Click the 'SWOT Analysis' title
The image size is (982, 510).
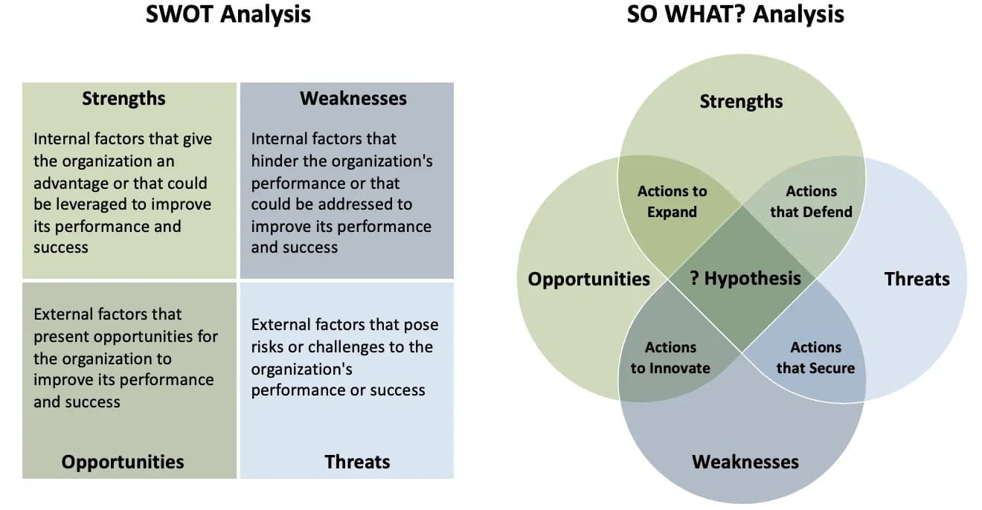click(228, 14)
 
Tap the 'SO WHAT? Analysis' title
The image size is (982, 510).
click(735, 14)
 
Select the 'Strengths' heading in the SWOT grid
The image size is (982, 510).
click(123, 99)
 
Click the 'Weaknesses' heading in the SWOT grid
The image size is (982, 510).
click(353, 99)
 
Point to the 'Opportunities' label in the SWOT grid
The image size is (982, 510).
click(123, 462)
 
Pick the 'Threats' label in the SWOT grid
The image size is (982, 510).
click(357, 462)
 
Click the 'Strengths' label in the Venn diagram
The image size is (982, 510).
click(741, 102)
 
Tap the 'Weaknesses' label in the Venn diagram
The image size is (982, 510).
click(745, 462)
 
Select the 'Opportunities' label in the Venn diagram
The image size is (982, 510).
click(588, 280)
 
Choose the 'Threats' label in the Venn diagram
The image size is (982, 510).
click(917, 280)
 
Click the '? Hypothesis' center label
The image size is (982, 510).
click(745, 279)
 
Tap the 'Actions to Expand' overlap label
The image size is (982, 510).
click(672, 201)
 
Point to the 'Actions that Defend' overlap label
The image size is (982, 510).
click(811, 201)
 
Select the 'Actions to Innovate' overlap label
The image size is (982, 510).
click(670, 358)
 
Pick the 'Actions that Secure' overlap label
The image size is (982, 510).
click(815, 358)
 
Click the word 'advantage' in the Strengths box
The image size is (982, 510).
click(70, 183)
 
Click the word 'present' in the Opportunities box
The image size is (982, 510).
click(60, 337)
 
